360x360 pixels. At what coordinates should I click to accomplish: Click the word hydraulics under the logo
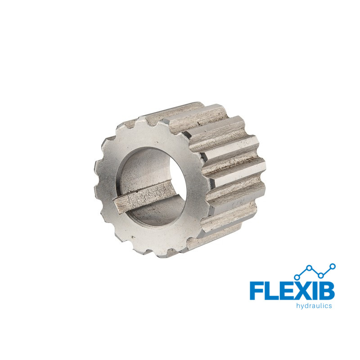click(314, 306)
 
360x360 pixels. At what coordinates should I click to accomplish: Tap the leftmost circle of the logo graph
click(297, 277)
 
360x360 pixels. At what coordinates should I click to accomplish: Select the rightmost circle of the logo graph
click(333, 266)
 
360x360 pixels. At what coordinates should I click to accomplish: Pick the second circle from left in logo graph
click(309, 268)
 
